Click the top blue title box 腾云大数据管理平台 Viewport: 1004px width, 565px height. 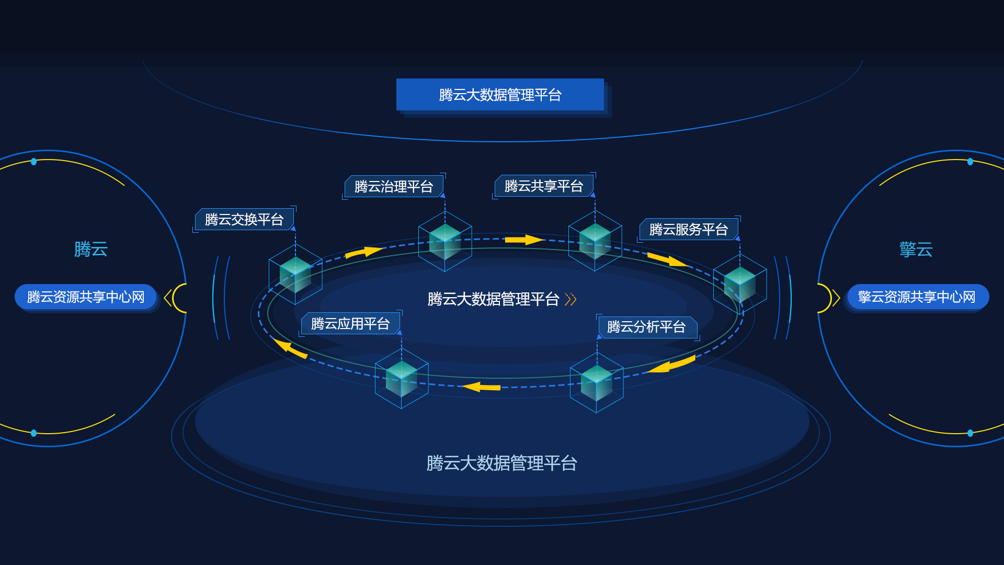tap(500, 95)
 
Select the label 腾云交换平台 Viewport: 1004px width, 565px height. tap(244, 219)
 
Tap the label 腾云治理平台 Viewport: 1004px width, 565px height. tap(394, 186)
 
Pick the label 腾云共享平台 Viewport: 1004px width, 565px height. tap(544, 186)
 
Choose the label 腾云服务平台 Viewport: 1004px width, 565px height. tap(689, 229)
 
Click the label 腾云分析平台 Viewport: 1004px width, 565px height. tap(647, 327)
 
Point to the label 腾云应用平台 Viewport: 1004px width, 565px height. tap(350, 323)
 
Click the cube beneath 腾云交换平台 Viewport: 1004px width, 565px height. tap(295, 274)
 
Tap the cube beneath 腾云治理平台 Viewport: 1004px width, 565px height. tap(445, 241)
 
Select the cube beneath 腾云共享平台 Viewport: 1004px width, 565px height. tap(595, 241)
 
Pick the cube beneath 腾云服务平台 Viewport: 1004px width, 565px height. tap(740, 284)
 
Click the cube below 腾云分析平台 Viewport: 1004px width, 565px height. tap(597, 382)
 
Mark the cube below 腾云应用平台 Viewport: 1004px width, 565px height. tap(402, 378)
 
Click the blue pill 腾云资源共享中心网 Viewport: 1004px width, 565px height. tap(86, 297)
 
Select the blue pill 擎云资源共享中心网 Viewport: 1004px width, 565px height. tap(918, 297)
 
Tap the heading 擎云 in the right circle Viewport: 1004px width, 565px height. tap(916, 249)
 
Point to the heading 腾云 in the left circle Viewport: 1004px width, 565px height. tap(90, 249)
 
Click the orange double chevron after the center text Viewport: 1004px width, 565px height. tap(571, 299)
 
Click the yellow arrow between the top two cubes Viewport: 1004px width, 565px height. tap(524, 240)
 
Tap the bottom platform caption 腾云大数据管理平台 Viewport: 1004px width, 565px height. tap(501, 463)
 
